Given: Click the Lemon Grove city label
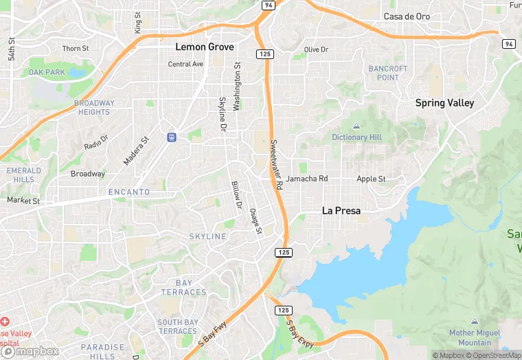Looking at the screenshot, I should point(205,47).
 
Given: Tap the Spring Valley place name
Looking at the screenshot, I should point(444,103).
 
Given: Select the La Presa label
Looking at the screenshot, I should point(341,211).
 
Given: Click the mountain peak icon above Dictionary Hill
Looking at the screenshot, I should point(356,126).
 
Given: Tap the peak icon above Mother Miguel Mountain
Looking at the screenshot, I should point(475,322).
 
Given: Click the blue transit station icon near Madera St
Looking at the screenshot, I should point(172,137).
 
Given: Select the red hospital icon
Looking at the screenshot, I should point(5,322).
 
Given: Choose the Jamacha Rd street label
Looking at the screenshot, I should point(307,179).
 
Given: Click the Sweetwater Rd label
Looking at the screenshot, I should point(276,165).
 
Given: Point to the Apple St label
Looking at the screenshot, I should point(371,179).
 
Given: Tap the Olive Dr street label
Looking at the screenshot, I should point(317,49).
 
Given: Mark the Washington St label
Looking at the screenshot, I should point(237,87).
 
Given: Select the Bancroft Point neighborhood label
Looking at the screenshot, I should point(388,73).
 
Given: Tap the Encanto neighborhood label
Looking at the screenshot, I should point(128,192).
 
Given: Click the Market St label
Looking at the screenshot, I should point(23,201).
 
